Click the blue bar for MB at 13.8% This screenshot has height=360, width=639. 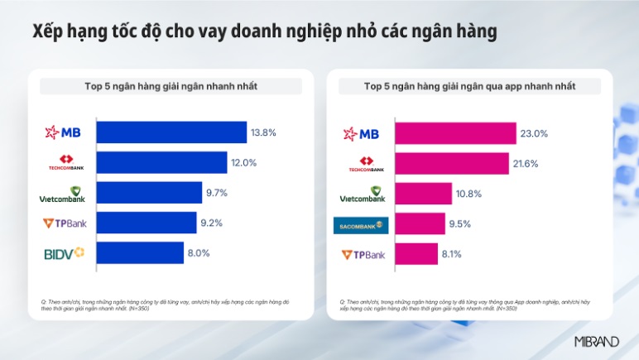coord(171,132)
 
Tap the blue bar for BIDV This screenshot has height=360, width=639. coord(140,253)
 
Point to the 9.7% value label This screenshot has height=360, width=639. coord(215,193)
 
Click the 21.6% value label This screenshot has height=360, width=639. coord(526,164)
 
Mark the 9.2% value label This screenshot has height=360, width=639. coord(212,223)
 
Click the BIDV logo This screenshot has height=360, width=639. coord(64,253)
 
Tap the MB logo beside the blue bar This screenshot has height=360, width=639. coord(64,132)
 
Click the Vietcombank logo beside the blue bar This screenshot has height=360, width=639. coord(63,194)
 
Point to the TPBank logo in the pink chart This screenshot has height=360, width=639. coord(363,255)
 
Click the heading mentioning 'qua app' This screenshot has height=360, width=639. coord(469,86)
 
